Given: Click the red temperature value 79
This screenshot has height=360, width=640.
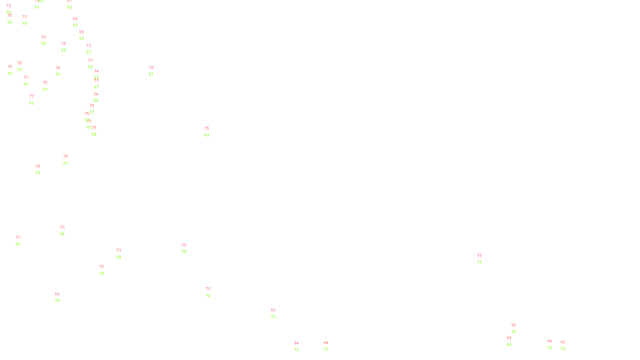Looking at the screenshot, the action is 184,245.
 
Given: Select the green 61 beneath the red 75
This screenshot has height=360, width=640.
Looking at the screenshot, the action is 207,135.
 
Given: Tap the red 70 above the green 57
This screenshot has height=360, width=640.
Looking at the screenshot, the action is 151,68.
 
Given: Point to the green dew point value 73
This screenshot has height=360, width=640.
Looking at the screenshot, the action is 480,262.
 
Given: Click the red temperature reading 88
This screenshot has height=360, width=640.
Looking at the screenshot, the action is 509,338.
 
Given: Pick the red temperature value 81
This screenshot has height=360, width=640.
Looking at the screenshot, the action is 57,294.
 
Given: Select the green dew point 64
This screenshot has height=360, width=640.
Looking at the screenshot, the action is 62,234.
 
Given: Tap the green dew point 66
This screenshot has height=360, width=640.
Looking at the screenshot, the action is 18,244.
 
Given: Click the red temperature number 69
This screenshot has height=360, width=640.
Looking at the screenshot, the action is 82,32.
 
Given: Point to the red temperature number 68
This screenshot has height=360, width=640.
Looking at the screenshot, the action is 75,19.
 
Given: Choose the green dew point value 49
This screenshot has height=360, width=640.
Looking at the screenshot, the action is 26,84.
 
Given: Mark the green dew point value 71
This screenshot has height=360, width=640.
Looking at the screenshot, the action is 326,349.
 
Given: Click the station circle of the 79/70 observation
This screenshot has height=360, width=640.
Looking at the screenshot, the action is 188,248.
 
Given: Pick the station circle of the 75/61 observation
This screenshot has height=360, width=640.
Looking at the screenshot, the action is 210,132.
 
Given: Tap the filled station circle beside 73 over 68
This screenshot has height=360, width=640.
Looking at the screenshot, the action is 123,254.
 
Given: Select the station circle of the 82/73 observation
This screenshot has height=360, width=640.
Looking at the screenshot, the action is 483,258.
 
